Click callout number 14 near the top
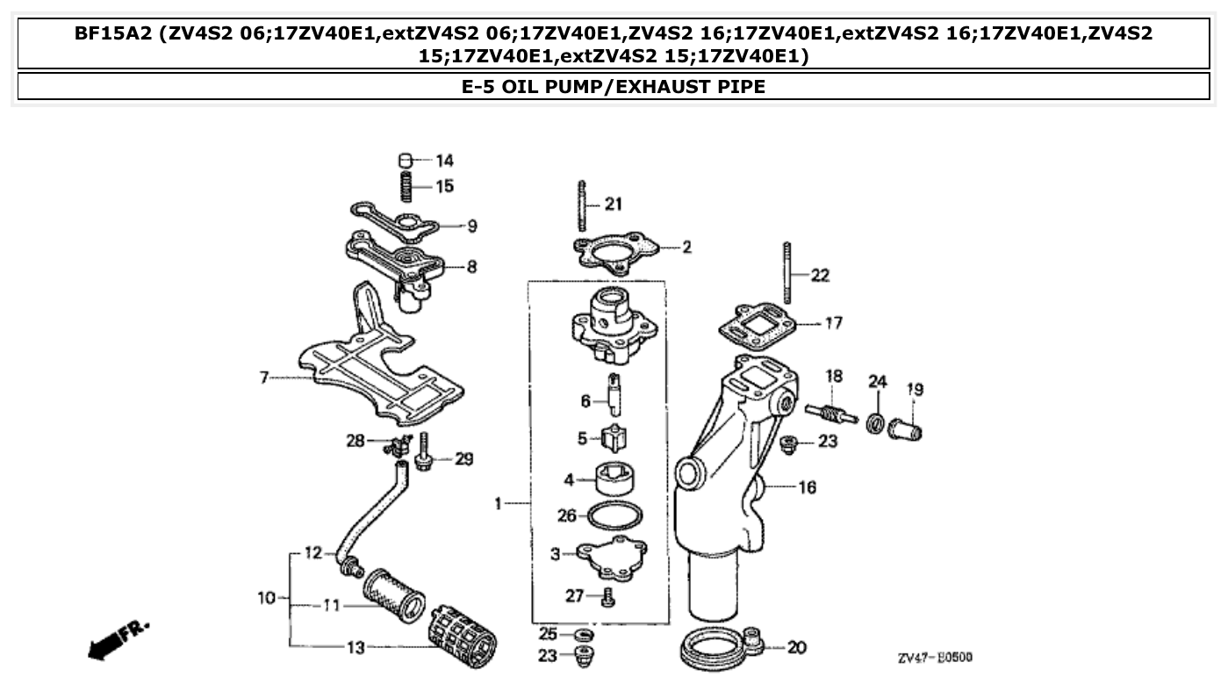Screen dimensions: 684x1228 click(444, 161)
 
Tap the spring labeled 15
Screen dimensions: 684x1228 click(406, 187)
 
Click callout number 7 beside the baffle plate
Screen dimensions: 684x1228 click(263, 378)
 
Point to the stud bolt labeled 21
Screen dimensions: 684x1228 click(582, 205)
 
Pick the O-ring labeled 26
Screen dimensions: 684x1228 click(614, 516)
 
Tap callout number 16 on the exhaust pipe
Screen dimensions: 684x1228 click(807, 486)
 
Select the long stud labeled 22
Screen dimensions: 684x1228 click(788, 272)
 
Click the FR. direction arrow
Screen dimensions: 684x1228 click(118, 638)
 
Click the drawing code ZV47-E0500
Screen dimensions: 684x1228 click(934, 658)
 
